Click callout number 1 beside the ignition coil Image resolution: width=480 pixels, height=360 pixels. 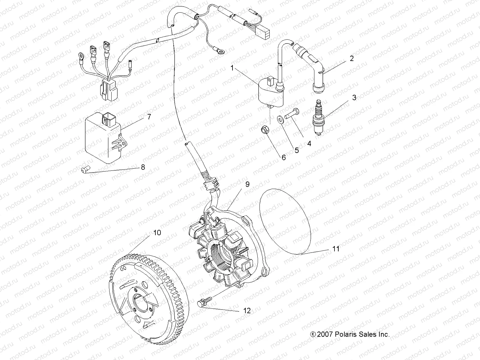[x=240, y=68]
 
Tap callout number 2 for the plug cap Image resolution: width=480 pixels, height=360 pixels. [x=352, y=58]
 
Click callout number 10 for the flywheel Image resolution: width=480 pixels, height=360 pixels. [x=157, y=232]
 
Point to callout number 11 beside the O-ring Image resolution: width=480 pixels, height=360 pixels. [x=336, y=249]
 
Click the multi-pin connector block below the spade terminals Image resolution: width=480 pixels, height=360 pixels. [x=106, y=88]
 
